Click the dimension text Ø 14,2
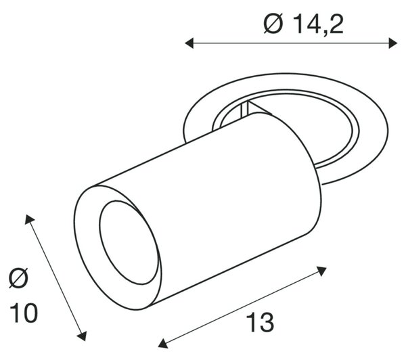(x=303, y=24)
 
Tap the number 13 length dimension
(x=261, y=322)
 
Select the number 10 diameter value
(x=24, y=313)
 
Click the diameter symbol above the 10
(x=18, y=278)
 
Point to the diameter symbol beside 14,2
(x=273, y=24)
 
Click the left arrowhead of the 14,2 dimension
(x=189, y=43)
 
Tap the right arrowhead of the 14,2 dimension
(x=392, y=43)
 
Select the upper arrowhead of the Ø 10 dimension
(x=29, y=219)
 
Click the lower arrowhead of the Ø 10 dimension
(x=83, y=336)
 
